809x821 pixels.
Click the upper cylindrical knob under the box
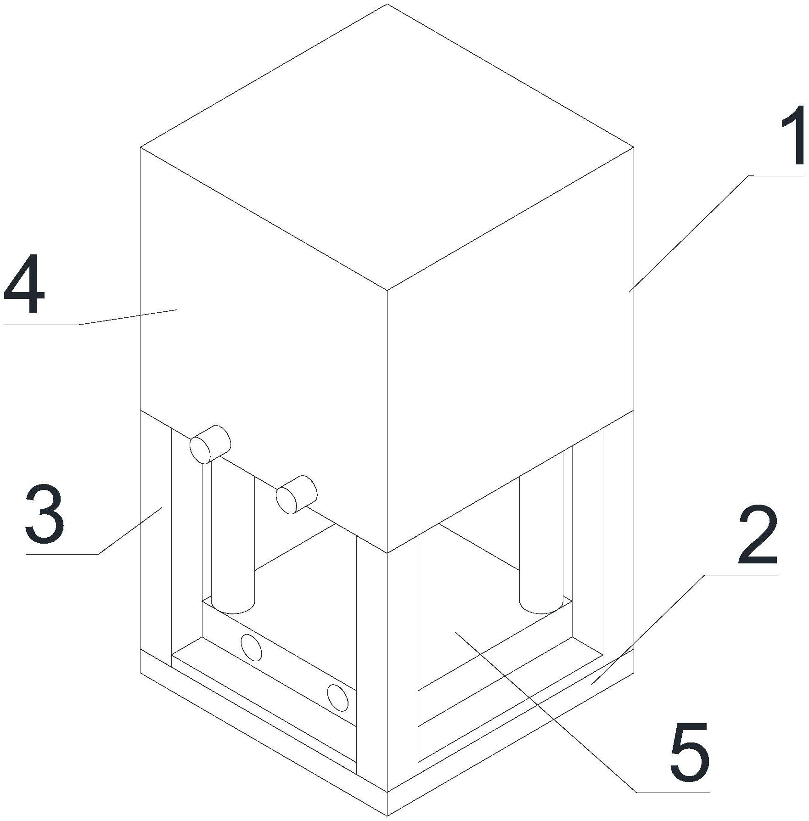(210, 444)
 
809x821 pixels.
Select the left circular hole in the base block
(252, 648)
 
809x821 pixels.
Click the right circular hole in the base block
(337, 698)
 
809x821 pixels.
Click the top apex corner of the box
(387, 4)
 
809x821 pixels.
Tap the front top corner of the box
(387, 290)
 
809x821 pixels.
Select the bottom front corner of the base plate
(387, 816)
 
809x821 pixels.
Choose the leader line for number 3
(94, 531)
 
